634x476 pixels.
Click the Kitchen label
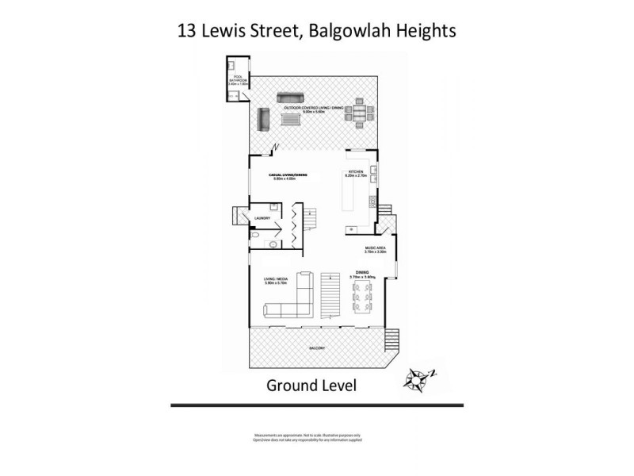point(354,174)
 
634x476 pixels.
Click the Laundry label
point(262,217)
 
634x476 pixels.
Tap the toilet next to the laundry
point(273,245)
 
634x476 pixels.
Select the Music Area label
point(376,248)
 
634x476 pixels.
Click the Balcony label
point(315,348)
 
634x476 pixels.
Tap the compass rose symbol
point(418,378)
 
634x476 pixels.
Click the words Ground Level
point(311,386)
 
